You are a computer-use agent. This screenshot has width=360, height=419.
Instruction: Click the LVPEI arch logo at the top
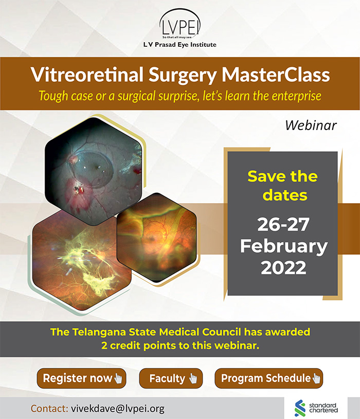pyautogui.click(x=180, y=24)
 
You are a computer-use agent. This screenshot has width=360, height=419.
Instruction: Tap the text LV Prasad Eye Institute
pyautogui.click(x=180, y=45)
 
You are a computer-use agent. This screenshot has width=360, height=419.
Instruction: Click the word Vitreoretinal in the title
pyautogui.click(x=87, y=75)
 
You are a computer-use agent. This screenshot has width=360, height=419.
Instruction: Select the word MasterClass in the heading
pyautogui.click(x=276, y=75)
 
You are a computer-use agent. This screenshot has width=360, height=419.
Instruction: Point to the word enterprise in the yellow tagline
pyautogui.click(x=296, y=96)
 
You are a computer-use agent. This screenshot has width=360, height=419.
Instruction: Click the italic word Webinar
pyautogui.click(x=311, y=125)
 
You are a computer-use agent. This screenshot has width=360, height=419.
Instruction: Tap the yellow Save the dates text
pyautogui.click(x=283, y=186)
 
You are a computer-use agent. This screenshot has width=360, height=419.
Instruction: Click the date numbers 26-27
pyautogui.click(x=283, y=225)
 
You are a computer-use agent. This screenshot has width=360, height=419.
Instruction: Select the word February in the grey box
pyautogui.click(x=283, y=246)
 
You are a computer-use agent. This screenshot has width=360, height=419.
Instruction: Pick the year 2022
pyautogui.click(x=283, y=267)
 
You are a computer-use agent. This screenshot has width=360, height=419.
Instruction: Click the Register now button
pyautogui.click(x=81, y=378)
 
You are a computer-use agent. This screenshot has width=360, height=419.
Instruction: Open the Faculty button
pyautogui.click(x=171, y=378)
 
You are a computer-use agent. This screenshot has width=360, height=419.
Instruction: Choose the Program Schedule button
pyautogui.click(x=269, y=378)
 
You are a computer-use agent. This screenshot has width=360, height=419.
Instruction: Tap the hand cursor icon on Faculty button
pyautogui.click(x=193, y=378)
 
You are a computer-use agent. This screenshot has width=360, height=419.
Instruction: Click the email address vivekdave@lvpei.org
pyautogui.click(x=118, y=409)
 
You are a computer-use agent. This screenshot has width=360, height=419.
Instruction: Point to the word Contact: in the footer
pyautogui.click(x=49, y=409)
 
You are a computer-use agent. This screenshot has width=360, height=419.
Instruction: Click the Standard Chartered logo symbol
pyautogui.click(x=300, y=408)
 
